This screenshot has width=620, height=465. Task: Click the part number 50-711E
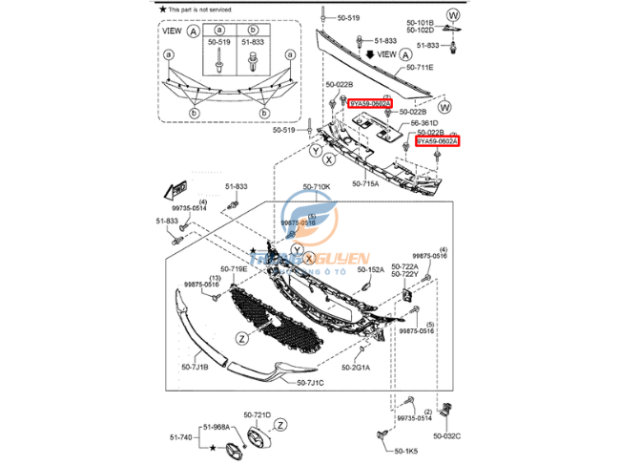421,68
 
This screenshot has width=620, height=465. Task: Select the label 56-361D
425,123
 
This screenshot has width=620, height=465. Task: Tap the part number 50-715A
365,183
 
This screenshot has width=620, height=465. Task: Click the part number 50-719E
234,269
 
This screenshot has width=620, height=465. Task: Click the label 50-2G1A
357,367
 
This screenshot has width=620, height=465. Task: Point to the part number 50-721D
258,415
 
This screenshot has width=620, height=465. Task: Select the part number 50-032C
445,435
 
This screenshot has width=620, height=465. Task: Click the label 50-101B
421,21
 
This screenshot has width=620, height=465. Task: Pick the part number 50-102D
421,31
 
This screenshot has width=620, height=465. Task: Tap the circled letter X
330,159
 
